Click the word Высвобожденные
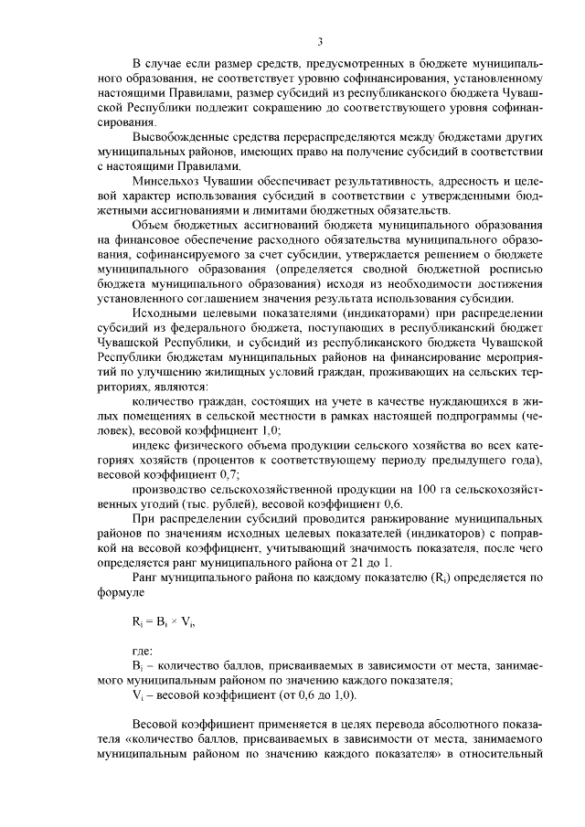[178, 137]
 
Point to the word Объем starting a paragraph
[152, 226]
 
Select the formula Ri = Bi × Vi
[164, 624]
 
